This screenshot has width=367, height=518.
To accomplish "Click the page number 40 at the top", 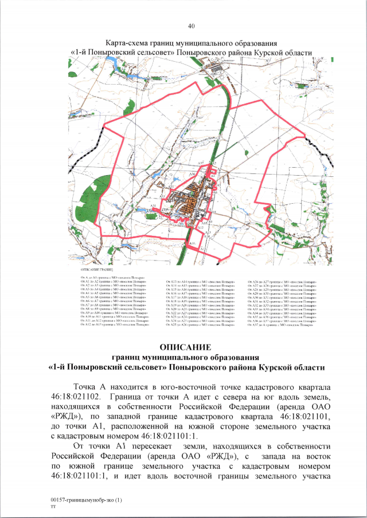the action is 191,26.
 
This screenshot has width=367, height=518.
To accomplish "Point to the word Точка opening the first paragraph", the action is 83,386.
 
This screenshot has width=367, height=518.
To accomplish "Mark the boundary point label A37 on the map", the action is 201,164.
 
